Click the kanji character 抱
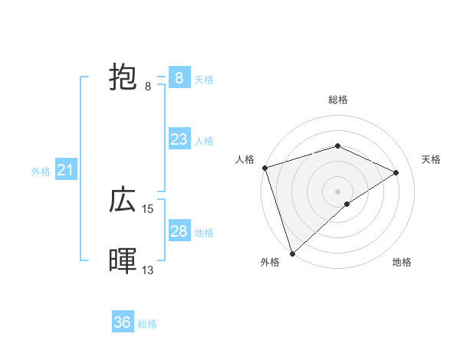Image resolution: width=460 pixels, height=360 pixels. click(123, 78)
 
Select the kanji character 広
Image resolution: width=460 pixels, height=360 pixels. click(123, 201)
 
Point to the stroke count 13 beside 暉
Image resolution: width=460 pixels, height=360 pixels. click(148, 270)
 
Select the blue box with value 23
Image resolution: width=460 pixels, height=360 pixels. click(179, 139)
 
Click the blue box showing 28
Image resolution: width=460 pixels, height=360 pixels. click(179, 231)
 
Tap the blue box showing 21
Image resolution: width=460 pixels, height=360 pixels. click(65, 170)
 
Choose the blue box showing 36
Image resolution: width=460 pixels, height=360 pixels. click(123, 322)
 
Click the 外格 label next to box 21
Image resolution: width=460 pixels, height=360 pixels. click(41, 172)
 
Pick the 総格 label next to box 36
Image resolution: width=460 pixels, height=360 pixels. click(147, 324)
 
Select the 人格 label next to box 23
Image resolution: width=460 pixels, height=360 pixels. click(204, 141)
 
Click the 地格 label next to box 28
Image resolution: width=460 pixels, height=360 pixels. click(204, 233)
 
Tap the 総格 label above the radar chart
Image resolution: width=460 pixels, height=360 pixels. click(338, 100)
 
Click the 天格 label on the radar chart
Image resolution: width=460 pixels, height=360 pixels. click(431, 159)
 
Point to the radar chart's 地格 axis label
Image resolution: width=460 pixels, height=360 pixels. click(402, 262)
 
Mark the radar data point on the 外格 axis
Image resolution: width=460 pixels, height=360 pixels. click(292, 253)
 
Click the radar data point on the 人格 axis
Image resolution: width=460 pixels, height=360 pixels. click(264, 168)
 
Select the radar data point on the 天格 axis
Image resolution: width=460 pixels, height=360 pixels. click(396, 172)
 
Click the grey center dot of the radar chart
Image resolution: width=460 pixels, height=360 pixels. click(338, 191)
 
